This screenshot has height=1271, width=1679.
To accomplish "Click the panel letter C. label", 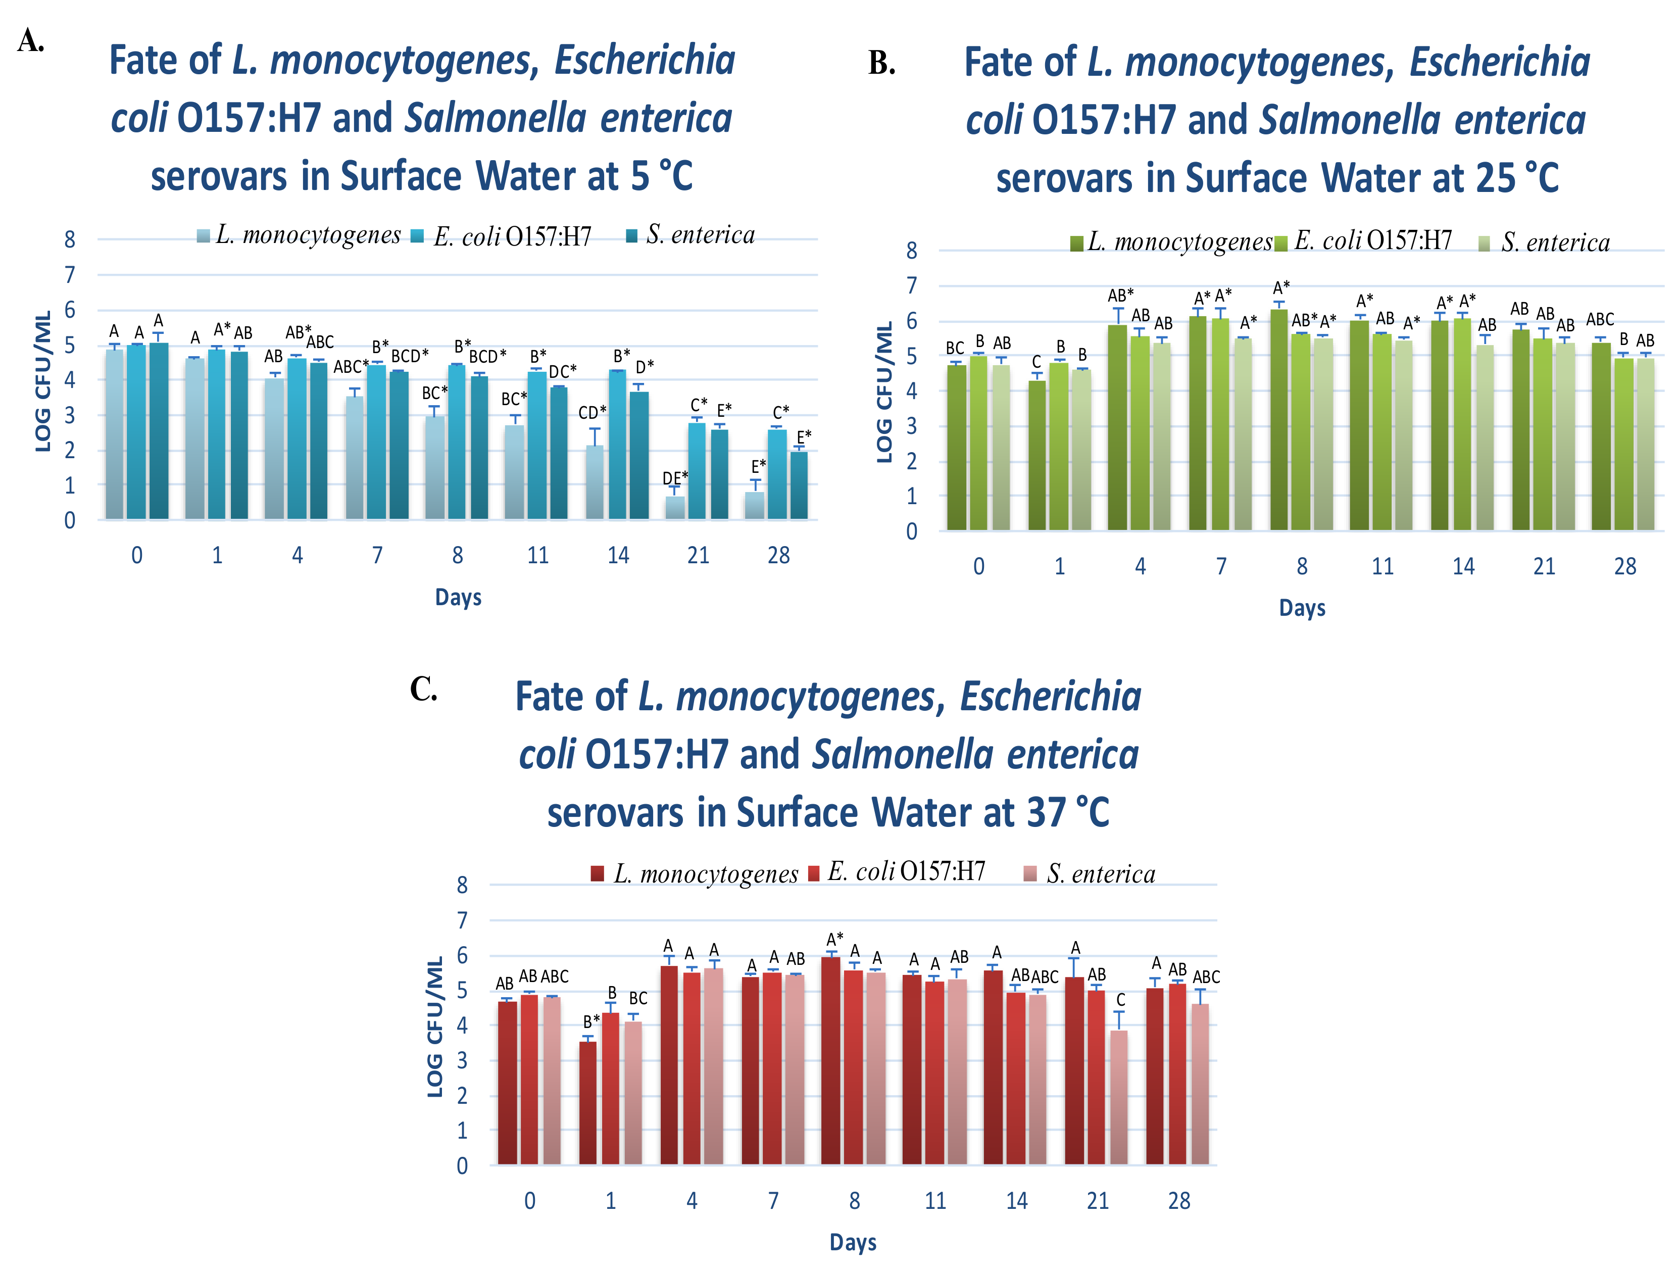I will [424, 690].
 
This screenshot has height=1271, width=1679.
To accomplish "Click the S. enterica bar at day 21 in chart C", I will [1119, 1097].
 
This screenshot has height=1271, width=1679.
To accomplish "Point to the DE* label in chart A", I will [675, 477].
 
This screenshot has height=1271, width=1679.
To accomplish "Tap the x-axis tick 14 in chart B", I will [1463, 566].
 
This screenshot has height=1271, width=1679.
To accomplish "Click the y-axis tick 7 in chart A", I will [70, 275].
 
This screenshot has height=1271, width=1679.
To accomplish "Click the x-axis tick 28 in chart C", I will [1179, 1201].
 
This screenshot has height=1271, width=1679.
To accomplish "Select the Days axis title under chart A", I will [458, 598].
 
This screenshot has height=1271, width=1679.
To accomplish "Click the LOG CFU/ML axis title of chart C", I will [435, 1026].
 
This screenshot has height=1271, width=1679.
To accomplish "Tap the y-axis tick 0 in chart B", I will [912, 531].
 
